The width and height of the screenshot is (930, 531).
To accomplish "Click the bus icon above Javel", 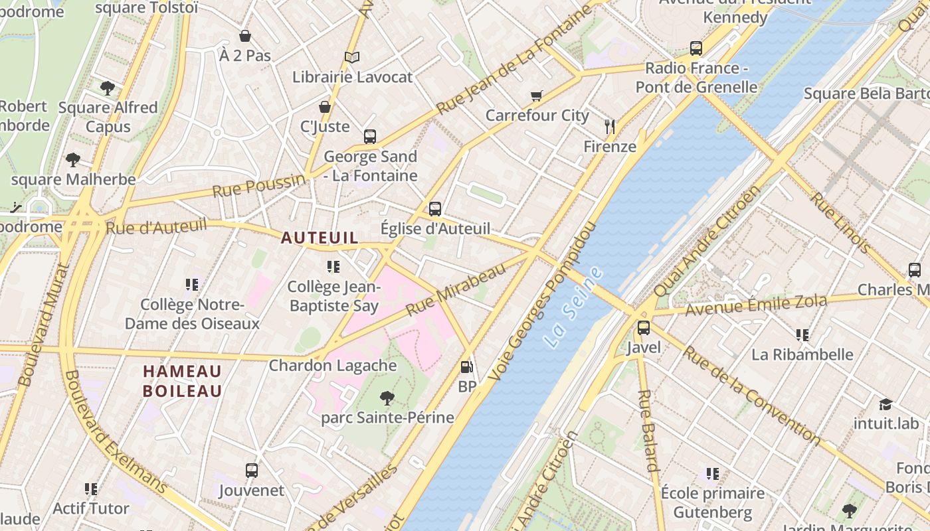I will coord(643,327).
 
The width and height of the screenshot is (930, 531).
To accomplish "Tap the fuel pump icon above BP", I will coord(467,366).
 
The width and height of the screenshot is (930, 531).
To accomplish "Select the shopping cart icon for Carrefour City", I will coord(537,96).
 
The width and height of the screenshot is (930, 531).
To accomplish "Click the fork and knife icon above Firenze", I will coord(610,126).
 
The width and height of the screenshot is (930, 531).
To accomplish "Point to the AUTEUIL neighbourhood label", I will coord(320,238).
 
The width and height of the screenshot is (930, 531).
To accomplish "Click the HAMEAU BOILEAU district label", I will coord(182,381).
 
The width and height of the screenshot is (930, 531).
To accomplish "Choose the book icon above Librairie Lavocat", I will coord(352,58).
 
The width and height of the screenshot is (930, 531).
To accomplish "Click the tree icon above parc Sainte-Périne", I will coord(387,398).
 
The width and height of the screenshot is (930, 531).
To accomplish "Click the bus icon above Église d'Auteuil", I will coord(435,208).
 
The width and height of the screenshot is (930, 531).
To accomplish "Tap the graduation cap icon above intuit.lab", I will coord(885,404).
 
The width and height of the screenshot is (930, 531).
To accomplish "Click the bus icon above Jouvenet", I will coord(252,471).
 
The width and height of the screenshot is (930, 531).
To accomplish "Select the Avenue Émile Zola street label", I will coord(756,305).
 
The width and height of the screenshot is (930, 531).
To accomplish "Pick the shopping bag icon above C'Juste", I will coord(325,107).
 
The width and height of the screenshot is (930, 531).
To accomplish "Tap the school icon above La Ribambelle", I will coord(802,335).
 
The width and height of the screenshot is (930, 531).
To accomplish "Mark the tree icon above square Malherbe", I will coord(73,160).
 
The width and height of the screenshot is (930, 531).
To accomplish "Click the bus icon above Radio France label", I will coord(696,48).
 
